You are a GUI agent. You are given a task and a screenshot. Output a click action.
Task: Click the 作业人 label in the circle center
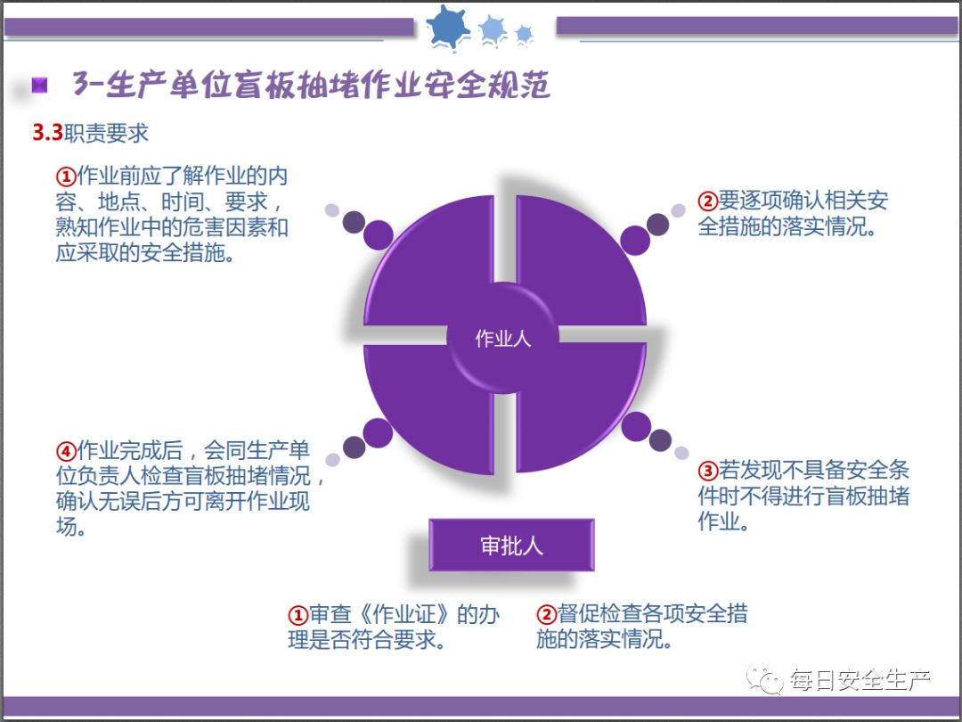click(503, 340)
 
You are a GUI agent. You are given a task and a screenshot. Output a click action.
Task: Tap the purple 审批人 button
click(511, 546)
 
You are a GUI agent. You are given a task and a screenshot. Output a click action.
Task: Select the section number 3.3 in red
click(47, 134)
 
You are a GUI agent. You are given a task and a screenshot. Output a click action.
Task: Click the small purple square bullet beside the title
click(39, 86)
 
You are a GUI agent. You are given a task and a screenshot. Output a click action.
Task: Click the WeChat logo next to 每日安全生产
click(765, 682)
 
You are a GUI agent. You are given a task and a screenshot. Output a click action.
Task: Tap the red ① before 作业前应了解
click(66, 174)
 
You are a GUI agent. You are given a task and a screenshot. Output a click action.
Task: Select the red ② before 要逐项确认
click(707, 201)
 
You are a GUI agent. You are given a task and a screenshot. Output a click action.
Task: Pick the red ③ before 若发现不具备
click(707, 471)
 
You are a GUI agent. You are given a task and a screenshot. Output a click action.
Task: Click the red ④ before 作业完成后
click(66, 450)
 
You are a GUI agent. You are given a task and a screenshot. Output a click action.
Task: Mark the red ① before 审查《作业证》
click(298, 615)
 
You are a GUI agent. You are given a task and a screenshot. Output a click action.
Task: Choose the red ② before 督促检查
click(546, 615)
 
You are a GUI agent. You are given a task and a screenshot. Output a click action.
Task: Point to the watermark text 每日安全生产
click(860, 682)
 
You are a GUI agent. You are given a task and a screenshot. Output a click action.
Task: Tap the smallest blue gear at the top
click(524, 34)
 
